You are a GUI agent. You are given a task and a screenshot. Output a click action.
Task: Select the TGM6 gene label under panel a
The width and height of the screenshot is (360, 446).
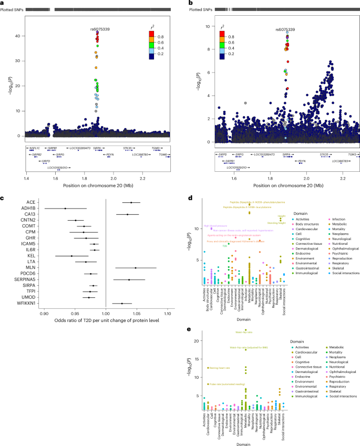[164, 155]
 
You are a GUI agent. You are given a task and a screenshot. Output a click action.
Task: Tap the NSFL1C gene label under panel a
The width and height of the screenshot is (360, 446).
[35, 149]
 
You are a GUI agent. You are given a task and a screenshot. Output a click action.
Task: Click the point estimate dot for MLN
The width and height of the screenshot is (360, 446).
[135, 267]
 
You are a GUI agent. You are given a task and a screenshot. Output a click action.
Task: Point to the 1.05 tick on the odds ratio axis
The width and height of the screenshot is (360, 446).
[136, 313]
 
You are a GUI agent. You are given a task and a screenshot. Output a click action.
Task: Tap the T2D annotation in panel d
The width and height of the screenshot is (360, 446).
[225, 245]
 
